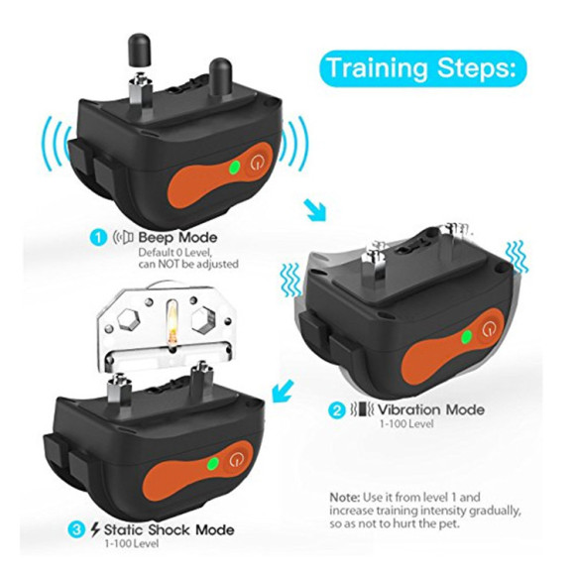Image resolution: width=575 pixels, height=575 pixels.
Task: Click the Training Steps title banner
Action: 422,68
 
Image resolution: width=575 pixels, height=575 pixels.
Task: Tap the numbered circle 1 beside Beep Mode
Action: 99,238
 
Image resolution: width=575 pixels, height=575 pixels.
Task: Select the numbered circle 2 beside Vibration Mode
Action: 336,410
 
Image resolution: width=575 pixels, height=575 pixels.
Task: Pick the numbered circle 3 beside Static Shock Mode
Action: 76,530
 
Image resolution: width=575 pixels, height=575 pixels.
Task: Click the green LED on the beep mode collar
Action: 234,168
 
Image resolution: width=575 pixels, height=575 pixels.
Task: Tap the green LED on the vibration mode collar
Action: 467,336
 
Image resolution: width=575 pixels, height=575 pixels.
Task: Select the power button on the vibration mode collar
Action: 488,330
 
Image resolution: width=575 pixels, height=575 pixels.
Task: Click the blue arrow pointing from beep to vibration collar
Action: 315,210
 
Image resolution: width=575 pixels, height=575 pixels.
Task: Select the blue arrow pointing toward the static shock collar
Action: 283,391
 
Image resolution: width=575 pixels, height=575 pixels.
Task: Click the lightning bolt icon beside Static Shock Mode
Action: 95,530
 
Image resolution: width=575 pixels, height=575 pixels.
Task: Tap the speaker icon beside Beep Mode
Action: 123,238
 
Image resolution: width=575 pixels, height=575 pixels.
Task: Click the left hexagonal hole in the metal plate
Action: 129,318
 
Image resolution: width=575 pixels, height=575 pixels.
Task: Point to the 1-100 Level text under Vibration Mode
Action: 405,424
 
